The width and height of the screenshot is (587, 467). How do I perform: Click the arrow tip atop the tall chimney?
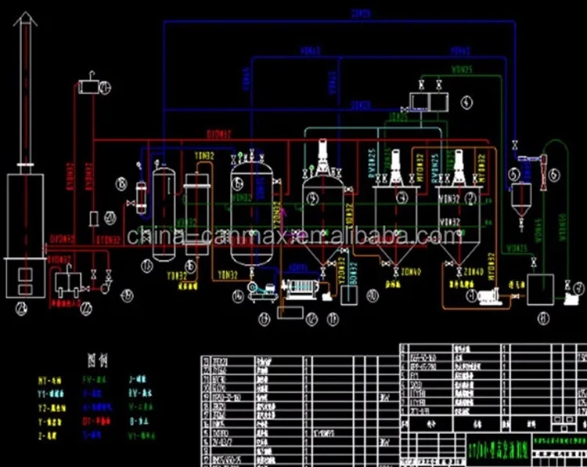tap(23, 22)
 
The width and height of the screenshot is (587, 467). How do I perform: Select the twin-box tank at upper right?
tap(427, 101)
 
